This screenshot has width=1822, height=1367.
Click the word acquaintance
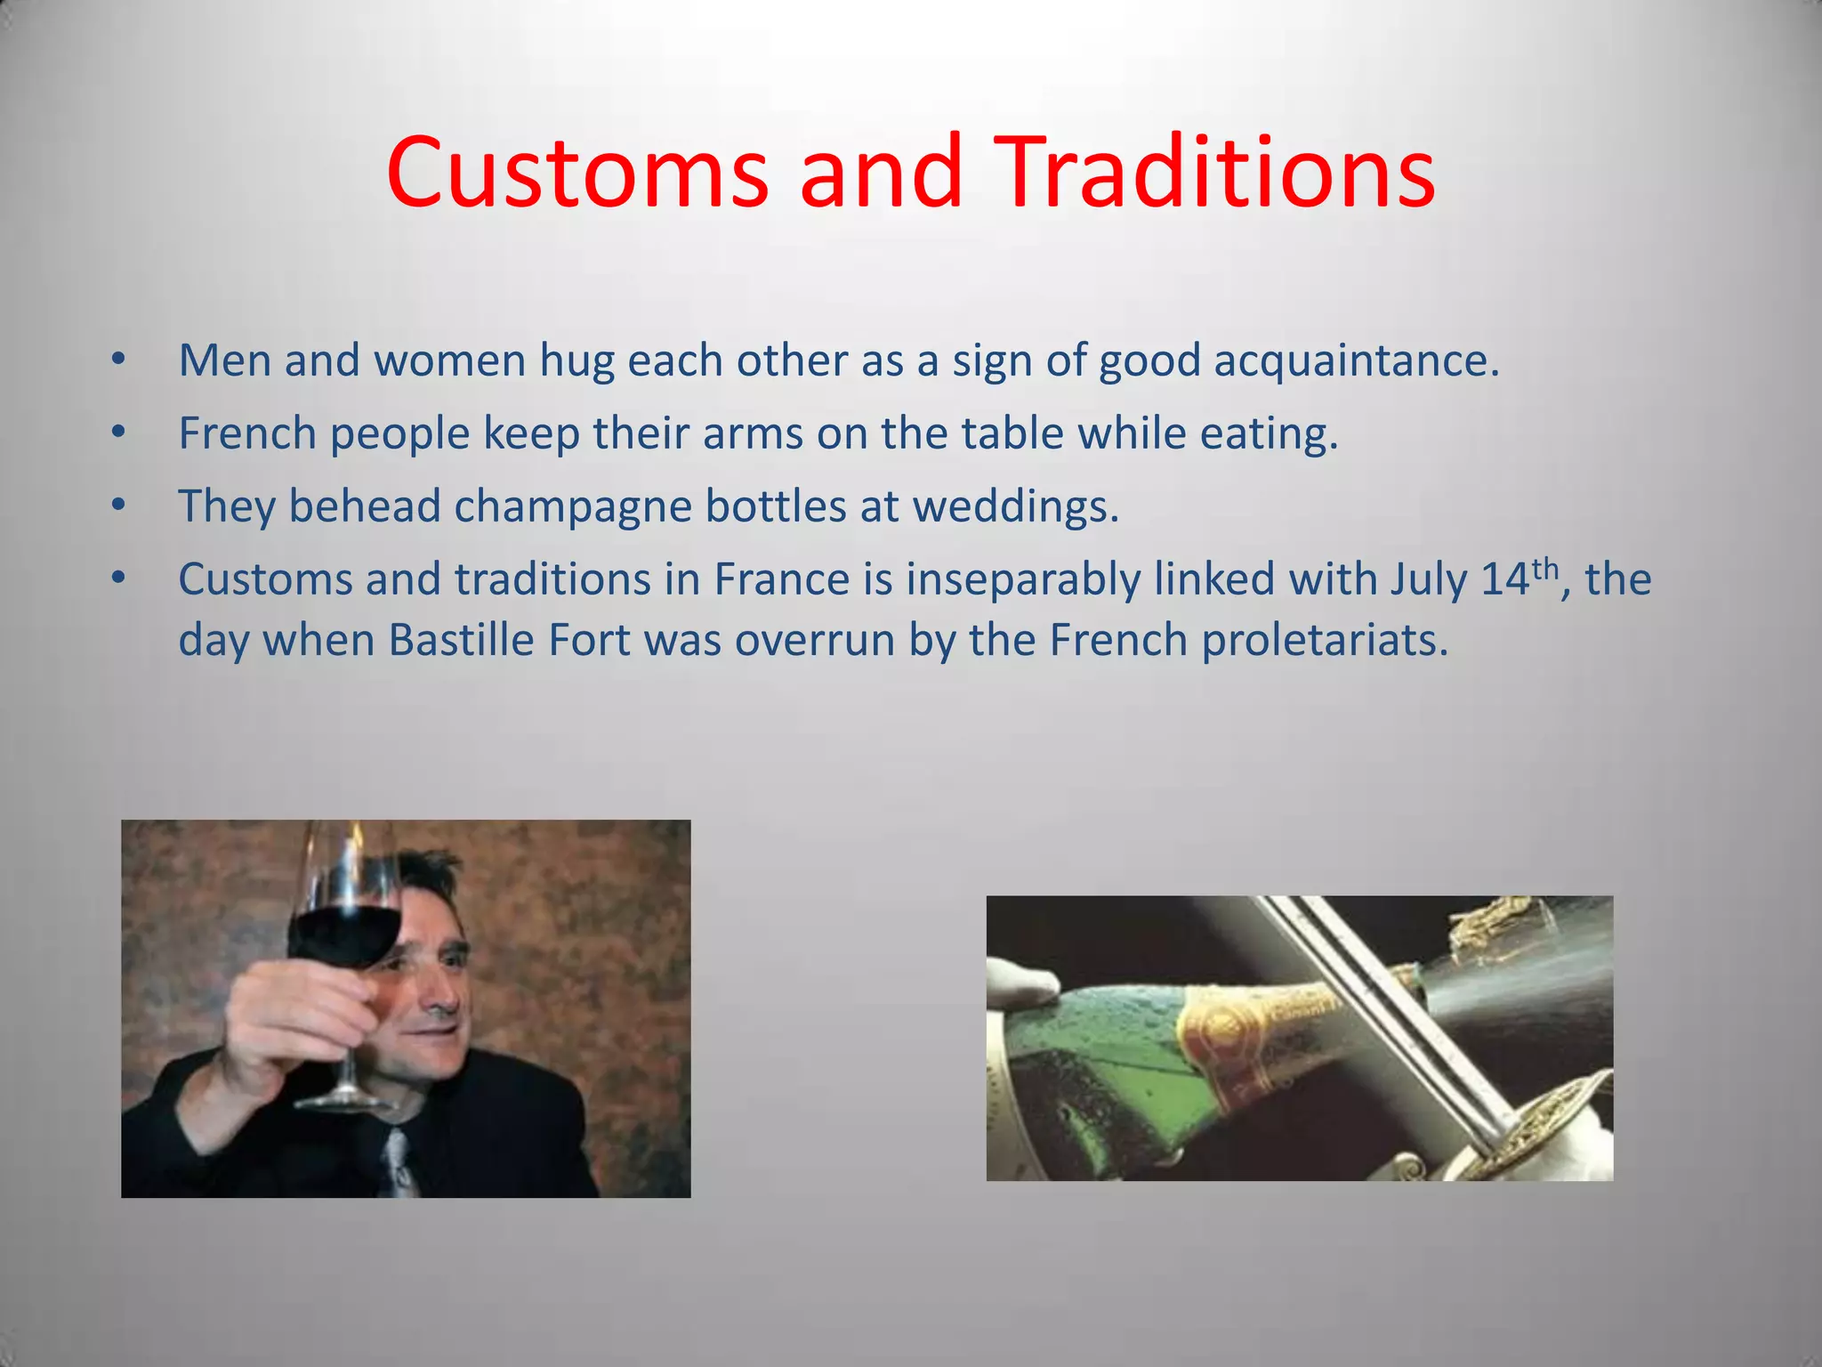pyautogui.click(x=1356, y=362)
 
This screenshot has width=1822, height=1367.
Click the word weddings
pyautogui.click(x=1015, y=508)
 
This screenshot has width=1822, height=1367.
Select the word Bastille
pyautogui.click(x=461, y=641)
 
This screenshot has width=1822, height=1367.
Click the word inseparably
pyautogui.click(x=1023, y=580)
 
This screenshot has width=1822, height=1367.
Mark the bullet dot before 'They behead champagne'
pyautogui.click(x=118, y=506)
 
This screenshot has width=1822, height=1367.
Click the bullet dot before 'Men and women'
pyautogui.click(x=118, y=360)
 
